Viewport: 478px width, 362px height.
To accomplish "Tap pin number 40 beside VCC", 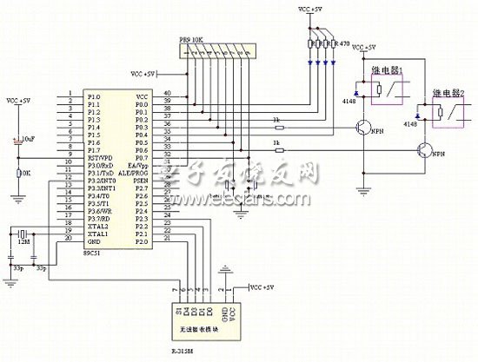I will (167, 93).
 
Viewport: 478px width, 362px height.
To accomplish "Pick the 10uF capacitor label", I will (28, 137).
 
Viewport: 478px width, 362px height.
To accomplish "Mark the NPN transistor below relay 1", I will (365, 128).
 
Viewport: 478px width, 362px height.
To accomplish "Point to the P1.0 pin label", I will (93, 95).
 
